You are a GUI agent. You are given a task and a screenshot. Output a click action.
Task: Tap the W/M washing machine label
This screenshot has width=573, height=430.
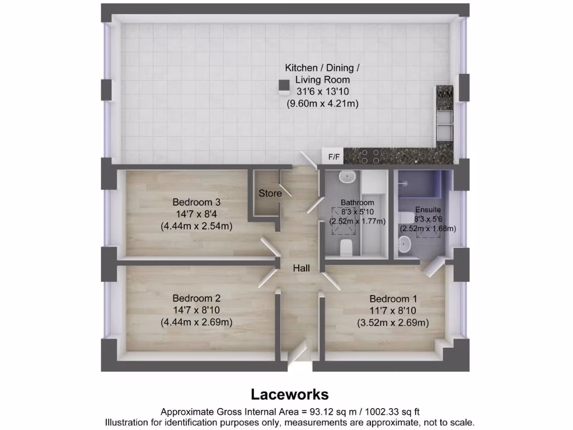[445, 95]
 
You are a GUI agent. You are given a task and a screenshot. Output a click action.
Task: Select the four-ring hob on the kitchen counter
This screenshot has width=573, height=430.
[370, 156]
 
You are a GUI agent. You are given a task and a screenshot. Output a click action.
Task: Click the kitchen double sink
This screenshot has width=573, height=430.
[445, 124]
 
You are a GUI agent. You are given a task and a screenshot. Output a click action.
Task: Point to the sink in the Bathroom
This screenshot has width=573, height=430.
[347, 176]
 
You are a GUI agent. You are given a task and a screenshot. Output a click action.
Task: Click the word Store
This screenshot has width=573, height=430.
[270, 193]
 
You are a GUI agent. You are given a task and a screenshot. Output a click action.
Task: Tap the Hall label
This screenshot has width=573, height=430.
[302, 269]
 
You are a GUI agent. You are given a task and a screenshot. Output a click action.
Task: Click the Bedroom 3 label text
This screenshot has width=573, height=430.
[193, 202]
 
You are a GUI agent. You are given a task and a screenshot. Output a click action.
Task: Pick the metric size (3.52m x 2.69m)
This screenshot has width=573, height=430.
[393, 322]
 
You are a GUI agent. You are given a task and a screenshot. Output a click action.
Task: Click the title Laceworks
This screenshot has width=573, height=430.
[289, 394]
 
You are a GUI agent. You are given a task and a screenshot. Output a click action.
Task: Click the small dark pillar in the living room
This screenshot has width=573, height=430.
[284, 85]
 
